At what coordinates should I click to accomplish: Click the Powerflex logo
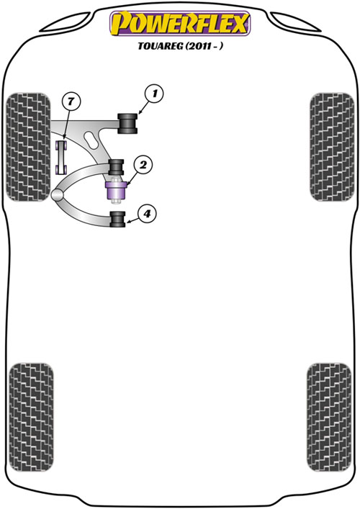coord(180,23)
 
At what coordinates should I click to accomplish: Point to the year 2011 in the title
coord(198,46)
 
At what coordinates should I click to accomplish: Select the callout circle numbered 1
coord(155,94)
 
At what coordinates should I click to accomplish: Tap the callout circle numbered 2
coord(143,166)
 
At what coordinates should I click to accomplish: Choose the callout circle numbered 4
coord(147,214)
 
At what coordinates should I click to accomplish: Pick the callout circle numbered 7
coord(71,102)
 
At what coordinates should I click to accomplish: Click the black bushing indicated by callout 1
coord(127,123)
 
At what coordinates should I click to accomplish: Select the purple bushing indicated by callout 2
coord(116,191)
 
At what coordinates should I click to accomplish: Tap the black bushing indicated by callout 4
coord(117,219)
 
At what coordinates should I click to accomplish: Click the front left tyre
coord(29,147)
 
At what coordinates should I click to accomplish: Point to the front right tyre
coord(331,147)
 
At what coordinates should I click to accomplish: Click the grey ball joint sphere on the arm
coord(57,195)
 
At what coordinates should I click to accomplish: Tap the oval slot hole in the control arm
coord(91,140)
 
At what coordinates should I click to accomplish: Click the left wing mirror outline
coord(66,22)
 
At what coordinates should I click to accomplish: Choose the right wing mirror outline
coord(295,22)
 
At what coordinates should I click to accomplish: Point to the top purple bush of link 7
coord(61,145)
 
